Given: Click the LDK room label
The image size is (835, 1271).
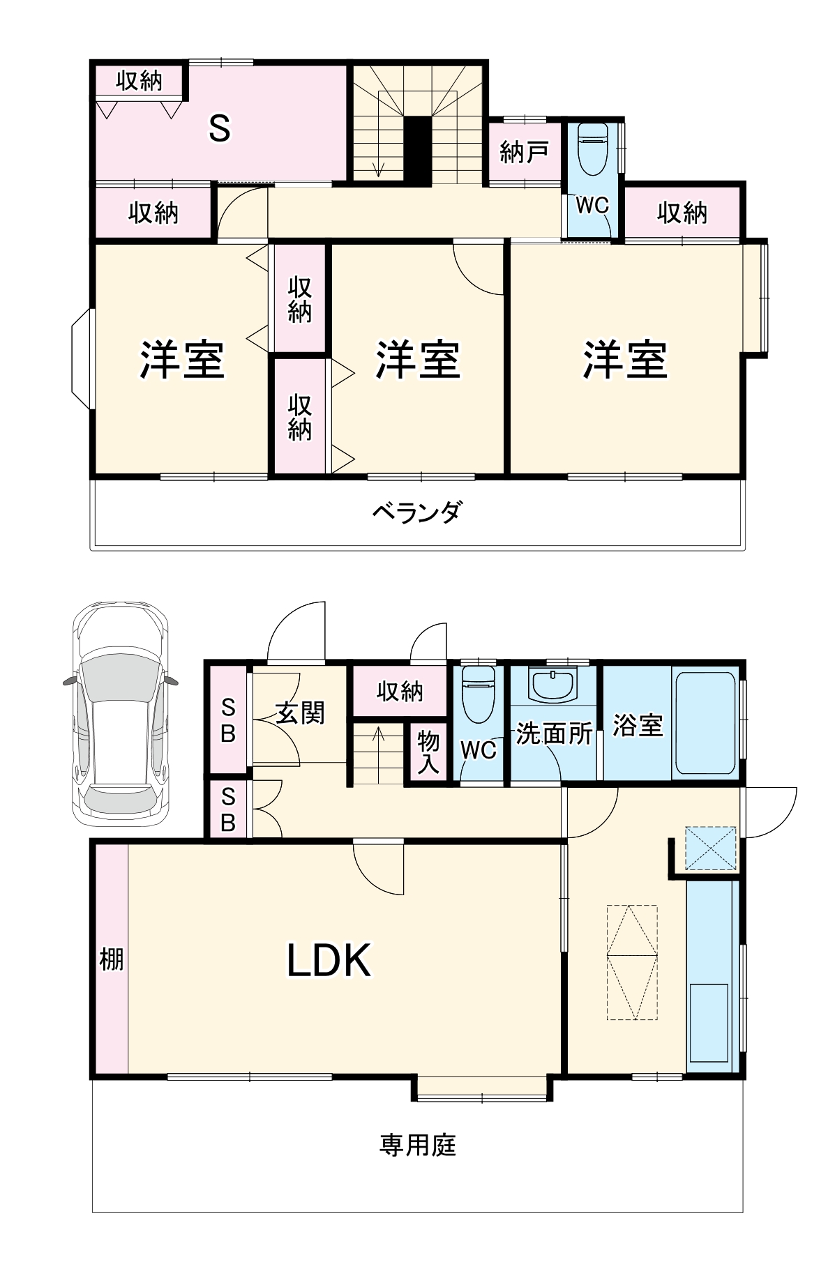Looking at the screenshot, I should point(329,960).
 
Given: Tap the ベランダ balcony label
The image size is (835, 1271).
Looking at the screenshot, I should point(417,513).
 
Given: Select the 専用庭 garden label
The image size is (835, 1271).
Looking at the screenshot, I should point(417,1145).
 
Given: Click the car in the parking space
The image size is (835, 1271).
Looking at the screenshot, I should point(120,714).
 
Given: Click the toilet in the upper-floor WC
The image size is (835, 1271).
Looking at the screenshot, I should point(593,150).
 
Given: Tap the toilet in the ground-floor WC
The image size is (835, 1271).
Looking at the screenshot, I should point(478,694).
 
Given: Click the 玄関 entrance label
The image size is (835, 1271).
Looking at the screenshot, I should point(300,713).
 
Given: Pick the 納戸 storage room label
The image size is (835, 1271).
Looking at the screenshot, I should point(524,151).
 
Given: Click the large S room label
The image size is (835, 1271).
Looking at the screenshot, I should point(220,128).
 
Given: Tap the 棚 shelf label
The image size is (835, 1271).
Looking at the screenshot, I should point(111,959).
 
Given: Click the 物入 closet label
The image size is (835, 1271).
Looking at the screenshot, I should point(428,752).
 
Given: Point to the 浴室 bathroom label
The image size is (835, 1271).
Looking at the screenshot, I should point(637,725).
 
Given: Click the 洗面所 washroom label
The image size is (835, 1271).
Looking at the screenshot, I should point(554,733).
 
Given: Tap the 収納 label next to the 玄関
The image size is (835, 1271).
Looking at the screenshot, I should point(399,691).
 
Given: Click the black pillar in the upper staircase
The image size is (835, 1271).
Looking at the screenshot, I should point(419,149).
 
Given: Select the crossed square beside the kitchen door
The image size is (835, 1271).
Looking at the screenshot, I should point(710,848).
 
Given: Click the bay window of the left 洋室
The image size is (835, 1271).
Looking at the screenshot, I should point(82,359).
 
